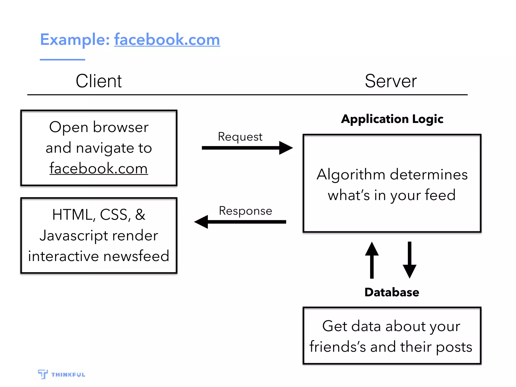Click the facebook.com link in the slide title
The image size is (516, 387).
point(167,40)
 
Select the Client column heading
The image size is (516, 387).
point(99,81)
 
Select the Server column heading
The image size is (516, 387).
point(391,81)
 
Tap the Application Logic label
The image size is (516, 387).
point(392,119)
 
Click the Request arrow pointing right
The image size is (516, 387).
point(247,148)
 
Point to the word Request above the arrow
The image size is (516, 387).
point(240,137)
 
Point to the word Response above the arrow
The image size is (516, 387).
point(245,211)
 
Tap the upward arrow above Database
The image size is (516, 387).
point(372,260)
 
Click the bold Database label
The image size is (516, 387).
point(392,292)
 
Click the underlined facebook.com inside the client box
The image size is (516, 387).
point(99,168)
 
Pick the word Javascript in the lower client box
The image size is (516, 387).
point(74,236)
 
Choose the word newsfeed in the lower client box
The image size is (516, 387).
point(136,256)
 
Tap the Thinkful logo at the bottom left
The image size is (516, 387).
point(61,374)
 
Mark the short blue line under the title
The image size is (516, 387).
point(62,60)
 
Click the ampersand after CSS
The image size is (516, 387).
point(140,215)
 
